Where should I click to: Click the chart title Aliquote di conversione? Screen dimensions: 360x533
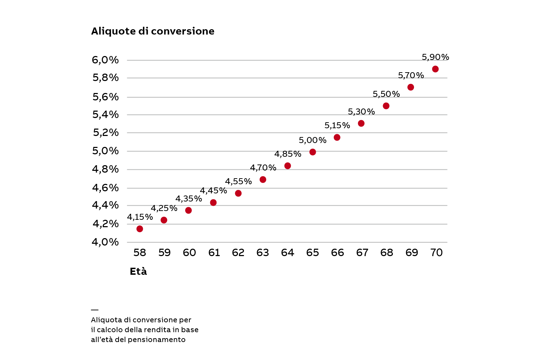click(x=152, y=31)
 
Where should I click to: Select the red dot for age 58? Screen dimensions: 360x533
click(x=140, y=229)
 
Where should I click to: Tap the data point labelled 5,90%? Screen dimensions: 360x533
click(x=435, y=69)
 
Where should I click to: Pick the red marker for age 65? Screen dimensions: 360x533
click(x=313, y=152)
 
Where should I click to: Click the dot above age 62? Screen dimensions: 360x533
click(x=238, y=193)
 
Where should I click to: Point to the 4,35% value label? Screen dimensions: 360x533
click(x=189, y=199)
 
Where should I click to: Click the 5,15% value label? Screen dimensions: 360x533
click(x=337, y=125)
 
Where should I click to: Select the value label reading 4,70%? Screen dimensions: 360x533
click(x=263, y=168)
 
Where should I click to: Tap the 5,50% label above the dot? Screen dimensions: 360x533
click(x=386, y=94)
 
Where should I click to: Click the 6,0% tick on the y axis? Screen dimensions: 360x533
click(x=105, y=60)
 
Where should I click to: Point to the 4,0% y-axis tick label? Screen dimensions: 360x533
click(x=105, y=242)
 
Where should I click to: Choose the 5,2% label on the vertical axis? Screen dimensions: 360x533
click(x=106, y=132)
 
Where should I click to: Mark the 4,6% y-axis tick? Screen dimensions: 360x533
click(x=105, y=188)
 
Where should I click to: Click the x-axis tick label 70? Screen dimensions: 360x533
click(x=437, y=253)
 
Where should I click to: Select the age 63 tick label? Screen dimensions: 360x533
click(x=263, y=253)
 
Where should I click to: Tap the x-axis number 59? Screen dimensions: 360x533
click(x=164, y=253)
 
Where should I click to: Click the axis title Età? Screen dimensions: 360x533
click(x=138, y=272)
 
